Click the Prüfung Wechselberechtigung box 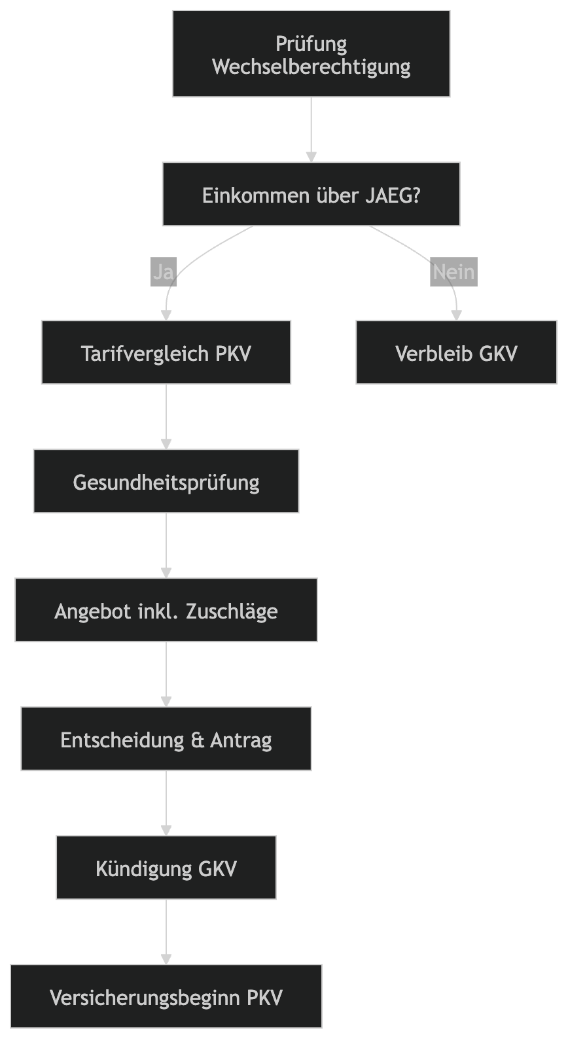[311, 54]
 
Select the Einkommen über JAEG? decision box [311, 195]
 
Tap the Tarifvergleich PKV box [166, 353]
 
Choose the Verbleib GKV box [456, 353]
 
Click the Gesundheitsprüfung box [166, 482]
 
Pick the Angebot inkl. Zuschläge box [166, 611]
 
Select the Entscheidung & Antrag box [166, 740]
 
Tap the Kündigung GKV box [166, 868]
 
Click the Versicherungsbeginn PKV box [166, 997]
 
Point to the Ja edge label [163, 271]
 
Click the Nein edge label [453, 271]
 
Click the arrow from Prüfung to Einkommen [311, 129]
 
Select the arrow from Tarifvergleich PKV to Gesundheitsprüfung [166, 416]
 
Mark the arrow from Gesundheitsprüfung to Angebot [166, 545]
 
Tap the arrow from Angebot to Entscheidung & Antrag [166, 673]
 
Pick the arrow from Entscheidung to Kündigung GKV [166, 802]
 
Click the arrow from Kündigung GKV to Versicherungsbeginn [166, 931]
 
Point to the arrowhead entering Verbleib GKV [456, 315]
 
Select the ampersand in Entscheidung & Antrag [198, 740]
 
